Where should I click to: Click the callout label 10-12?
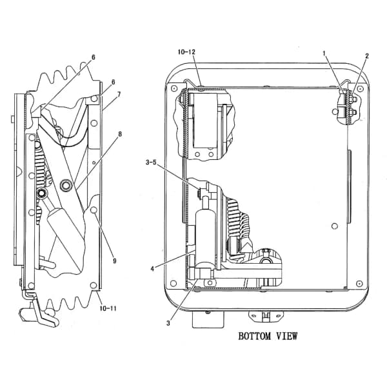pyautogui.click(x=186, y=52)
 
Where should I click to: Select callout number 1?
pyautogui.click(x=324, y=53)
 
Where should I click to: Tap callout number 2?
pyautogui.click(x=367, y=56)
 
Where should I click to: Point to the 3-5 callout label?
pyautogui.click(x=151, y=163)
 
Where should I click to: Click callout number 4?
pyautogui.click(x=152, y=268)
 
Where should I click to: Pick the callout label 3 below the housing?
pyautogui.click(x=168, y=323)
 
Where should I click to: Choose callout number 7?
pyautogui.click(x=119, y=94)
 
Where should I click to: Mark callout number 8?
pyautogui.click(x=120, y=134)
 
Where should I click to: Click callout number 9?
pyautogui.click(x=114, y=261)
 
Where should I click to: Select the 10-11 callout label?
pyautogui.click(x=108, y=308)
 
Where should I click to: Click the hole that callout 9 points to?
pyautogui.click(x=94, y=210)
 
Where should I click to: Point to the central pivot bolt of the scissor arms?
pyautogui.click(x=66, y=185)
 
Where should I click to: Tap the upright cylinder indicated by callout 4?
pyautogui.click(x=205, y=237)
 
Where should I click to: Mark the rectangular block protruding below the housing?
pyautogui.click(x=208, y=319)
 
